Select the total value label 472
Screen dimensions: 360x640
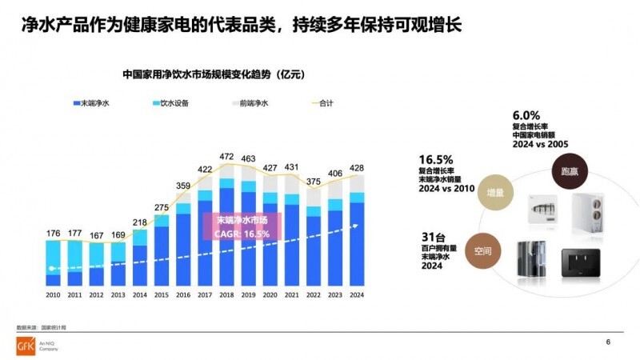pyautogui.click(x=226, y=157)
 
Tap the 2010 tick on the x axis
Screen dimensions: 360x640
pyautogui.click(x=53, y=295)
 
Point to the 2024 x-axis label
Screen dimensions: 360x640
pyautogui.click(x=357, y=295)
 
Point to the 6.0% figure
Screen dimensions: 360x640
pyautogui.click(x=527, y=115)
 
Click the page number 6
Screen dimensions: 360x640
pyautogui.click(x=608, y=342)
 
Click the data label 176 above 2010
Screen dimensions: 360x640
pyautogui.click(x=53, y=234)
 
